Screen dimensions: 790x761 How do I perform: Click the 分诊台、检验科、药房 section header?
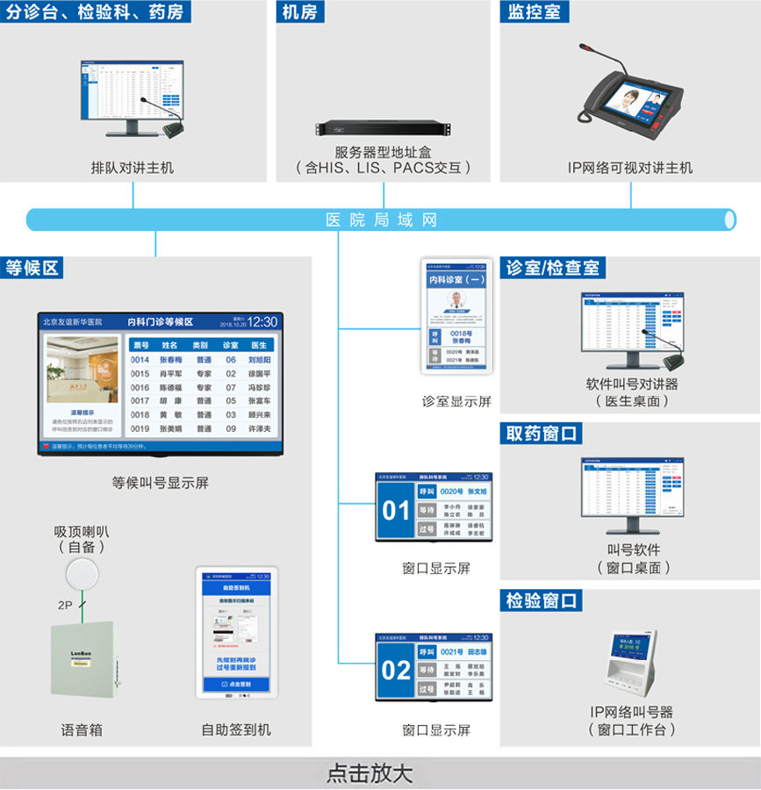coord(97,12)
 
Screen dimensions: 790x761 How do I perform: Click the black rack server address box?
coord(383,128)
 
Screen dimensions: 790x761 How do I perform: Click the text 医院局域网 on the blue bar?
coord(381,219)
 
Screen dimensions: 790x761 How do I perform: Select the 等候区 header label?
coord(32,268)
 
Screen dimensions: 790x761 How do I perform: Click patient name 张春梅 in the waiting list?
coord(173,360)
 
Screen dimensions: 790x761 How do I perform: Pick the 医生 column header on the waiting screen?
coord(259,345)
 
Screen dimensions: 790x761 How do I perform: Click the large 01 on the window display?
coord(396,510)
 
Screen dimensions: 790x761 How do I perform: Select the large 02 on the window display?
coord(396,671)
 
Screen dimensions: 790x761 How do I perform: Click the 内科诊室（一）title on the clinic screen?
coord(456,279)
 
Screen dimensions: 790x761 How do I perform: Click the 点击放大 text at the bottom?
coord(369,773)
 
